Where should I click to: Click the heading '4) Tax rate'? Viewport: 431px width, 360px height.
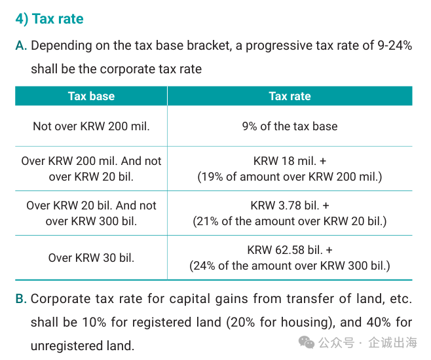[x=50, y=19]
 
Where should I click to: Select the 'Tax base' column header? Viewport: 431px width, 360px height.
[x=91, y=96]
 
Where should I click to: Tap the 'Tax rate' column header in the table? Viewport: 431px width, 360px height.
[x=290, y=96]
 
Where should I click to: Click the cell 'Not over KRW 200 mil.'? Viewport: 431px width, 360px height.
[x=91, y=126]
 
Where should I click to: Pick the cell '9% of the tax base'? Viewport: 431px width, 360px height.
[x=290, y=126]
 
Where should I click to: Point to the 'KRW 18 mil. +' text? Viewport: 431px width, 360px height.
[x=290, y=161]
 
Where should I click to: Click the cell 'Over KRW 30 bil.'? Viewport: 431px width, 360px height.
[x=91, y=258]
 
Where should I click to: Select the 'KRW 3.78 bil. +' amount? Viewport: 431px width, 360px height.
[x=290, y=206]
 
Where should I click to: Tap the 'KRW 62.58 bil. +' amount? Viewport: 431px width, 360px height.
[x=290, y=250]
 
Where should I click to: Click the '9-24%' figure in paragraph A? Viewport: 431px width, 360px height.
[x=395, y=45]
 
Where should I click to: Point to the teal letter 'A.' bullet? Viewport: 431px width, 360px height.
[x=21, y=46]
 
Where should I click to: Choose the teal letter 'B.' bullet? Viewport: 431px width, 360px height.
[x=21, y=298]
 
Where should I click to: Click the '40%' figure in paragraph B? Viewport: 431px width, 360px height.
[x=379, y=323]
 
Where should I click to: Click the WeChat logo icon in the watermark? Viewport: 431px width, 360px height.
[x=306, y=342]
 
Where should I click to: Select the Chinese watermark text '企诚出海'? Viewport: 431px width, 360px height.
[x=393, y=342]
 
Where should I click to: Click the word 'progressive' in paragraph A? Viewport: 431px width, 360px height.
[x=279, y=46]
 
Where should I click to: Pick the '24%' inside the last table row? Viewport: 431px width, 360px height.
[x=204, y=266]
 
